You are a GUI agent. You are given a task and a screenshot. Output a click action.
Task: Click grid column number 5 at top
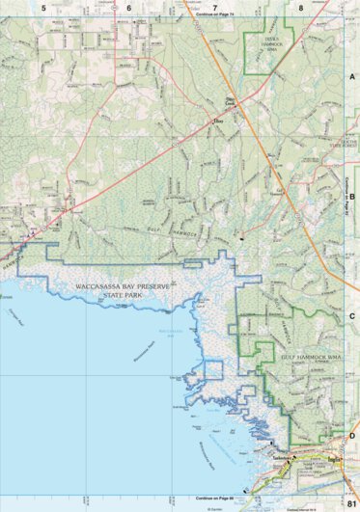click(x=43, y=7)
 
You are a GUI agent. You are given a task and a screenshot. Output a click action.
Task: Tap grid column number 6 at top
click(x=128, y=7)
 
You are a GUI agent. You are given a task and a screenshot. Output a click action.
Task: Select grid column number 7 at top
click(x=214, y=7)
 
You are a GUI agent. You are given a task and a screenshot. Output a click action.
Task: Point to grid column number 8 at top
click(x=301, y=7)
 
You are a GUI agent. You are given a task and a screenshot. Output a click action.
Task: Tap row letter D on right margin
click(x=352, y=435)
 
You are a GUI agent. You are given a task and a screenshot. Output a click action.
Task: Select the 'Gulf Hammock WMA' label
click(x=312, y=357)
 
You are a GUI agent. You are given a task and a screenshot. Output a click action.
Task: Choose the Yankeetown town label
click(x=283, y=456)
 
